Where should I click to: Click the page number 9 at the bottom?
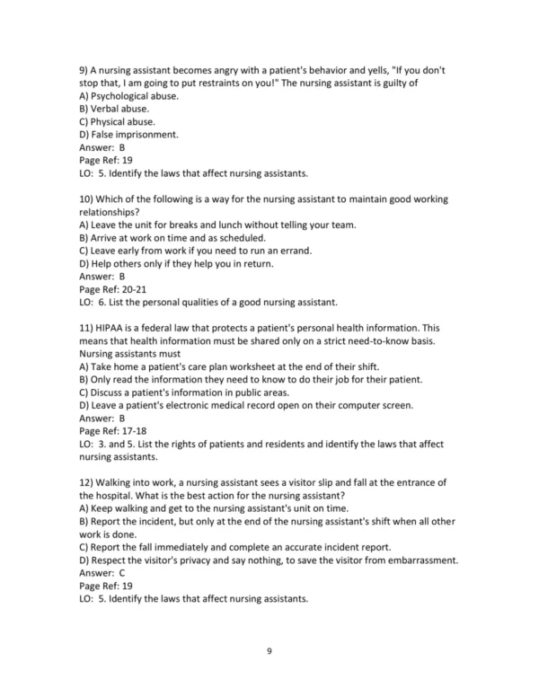coord(269,650)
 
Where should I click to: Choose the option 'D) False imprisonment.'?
coord(128,135)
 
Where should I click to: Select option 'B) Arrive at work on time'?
coord(177,238)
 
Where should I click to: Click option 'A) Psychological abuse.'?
coord(129,96)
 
